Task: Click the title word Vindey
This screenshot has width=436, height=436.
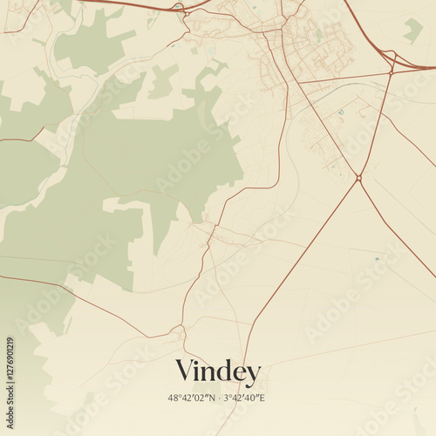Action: click(x=218, y=372)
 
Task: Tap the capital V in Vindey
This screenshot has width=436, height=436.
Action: click(x=185, y=371)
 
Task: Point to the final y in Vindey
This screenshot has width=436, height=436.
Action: click(x=253, y=376)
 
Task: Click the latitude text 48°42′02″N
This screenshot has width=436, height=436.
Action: click(x=191, y=398)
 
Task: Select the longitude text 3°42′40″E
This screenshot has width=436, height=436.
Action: click(x=244, y=398)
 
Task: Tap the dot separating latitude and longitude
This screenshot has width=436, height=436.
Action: click(x=217, y=398)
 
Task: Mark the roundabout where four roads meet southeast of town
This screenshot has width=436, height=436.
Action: click(x=358, y=178)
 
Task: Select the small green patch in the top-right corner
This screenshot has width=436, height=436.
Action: click(x=412, y=31)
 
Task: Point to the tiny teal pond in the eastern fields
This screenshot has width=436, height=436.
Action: click(x=377, y=259)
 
